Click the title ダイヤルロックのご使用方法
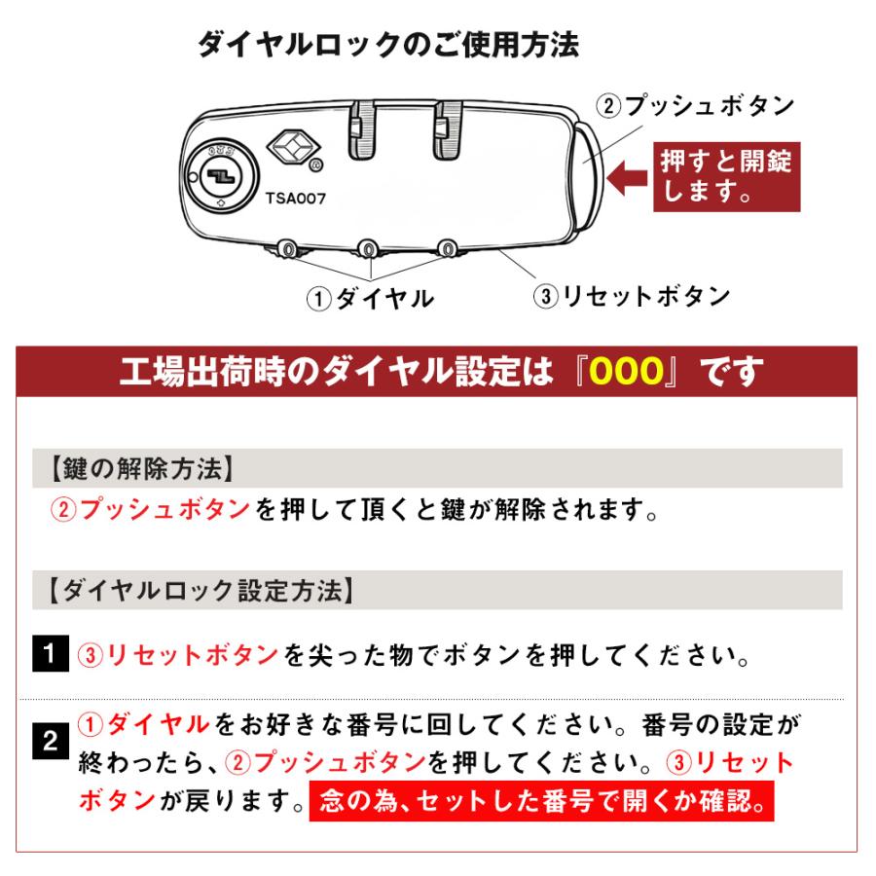click(x=387, y=45)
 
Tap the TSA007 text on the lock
click(x=295, y=197)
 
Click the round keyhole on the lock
click(x=218, y=173)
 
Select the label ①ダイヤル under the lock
click(x=369, y=298)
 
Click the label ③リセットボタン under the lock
click(x=630, y=296)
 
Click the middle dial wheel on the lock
click(x=369, y=250)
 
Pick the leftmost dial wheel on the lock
click(x=289, y=250)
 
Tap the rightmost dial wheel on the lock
click(x=448, y=250)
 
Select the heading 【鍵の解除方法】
click(x=140, y=469)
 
